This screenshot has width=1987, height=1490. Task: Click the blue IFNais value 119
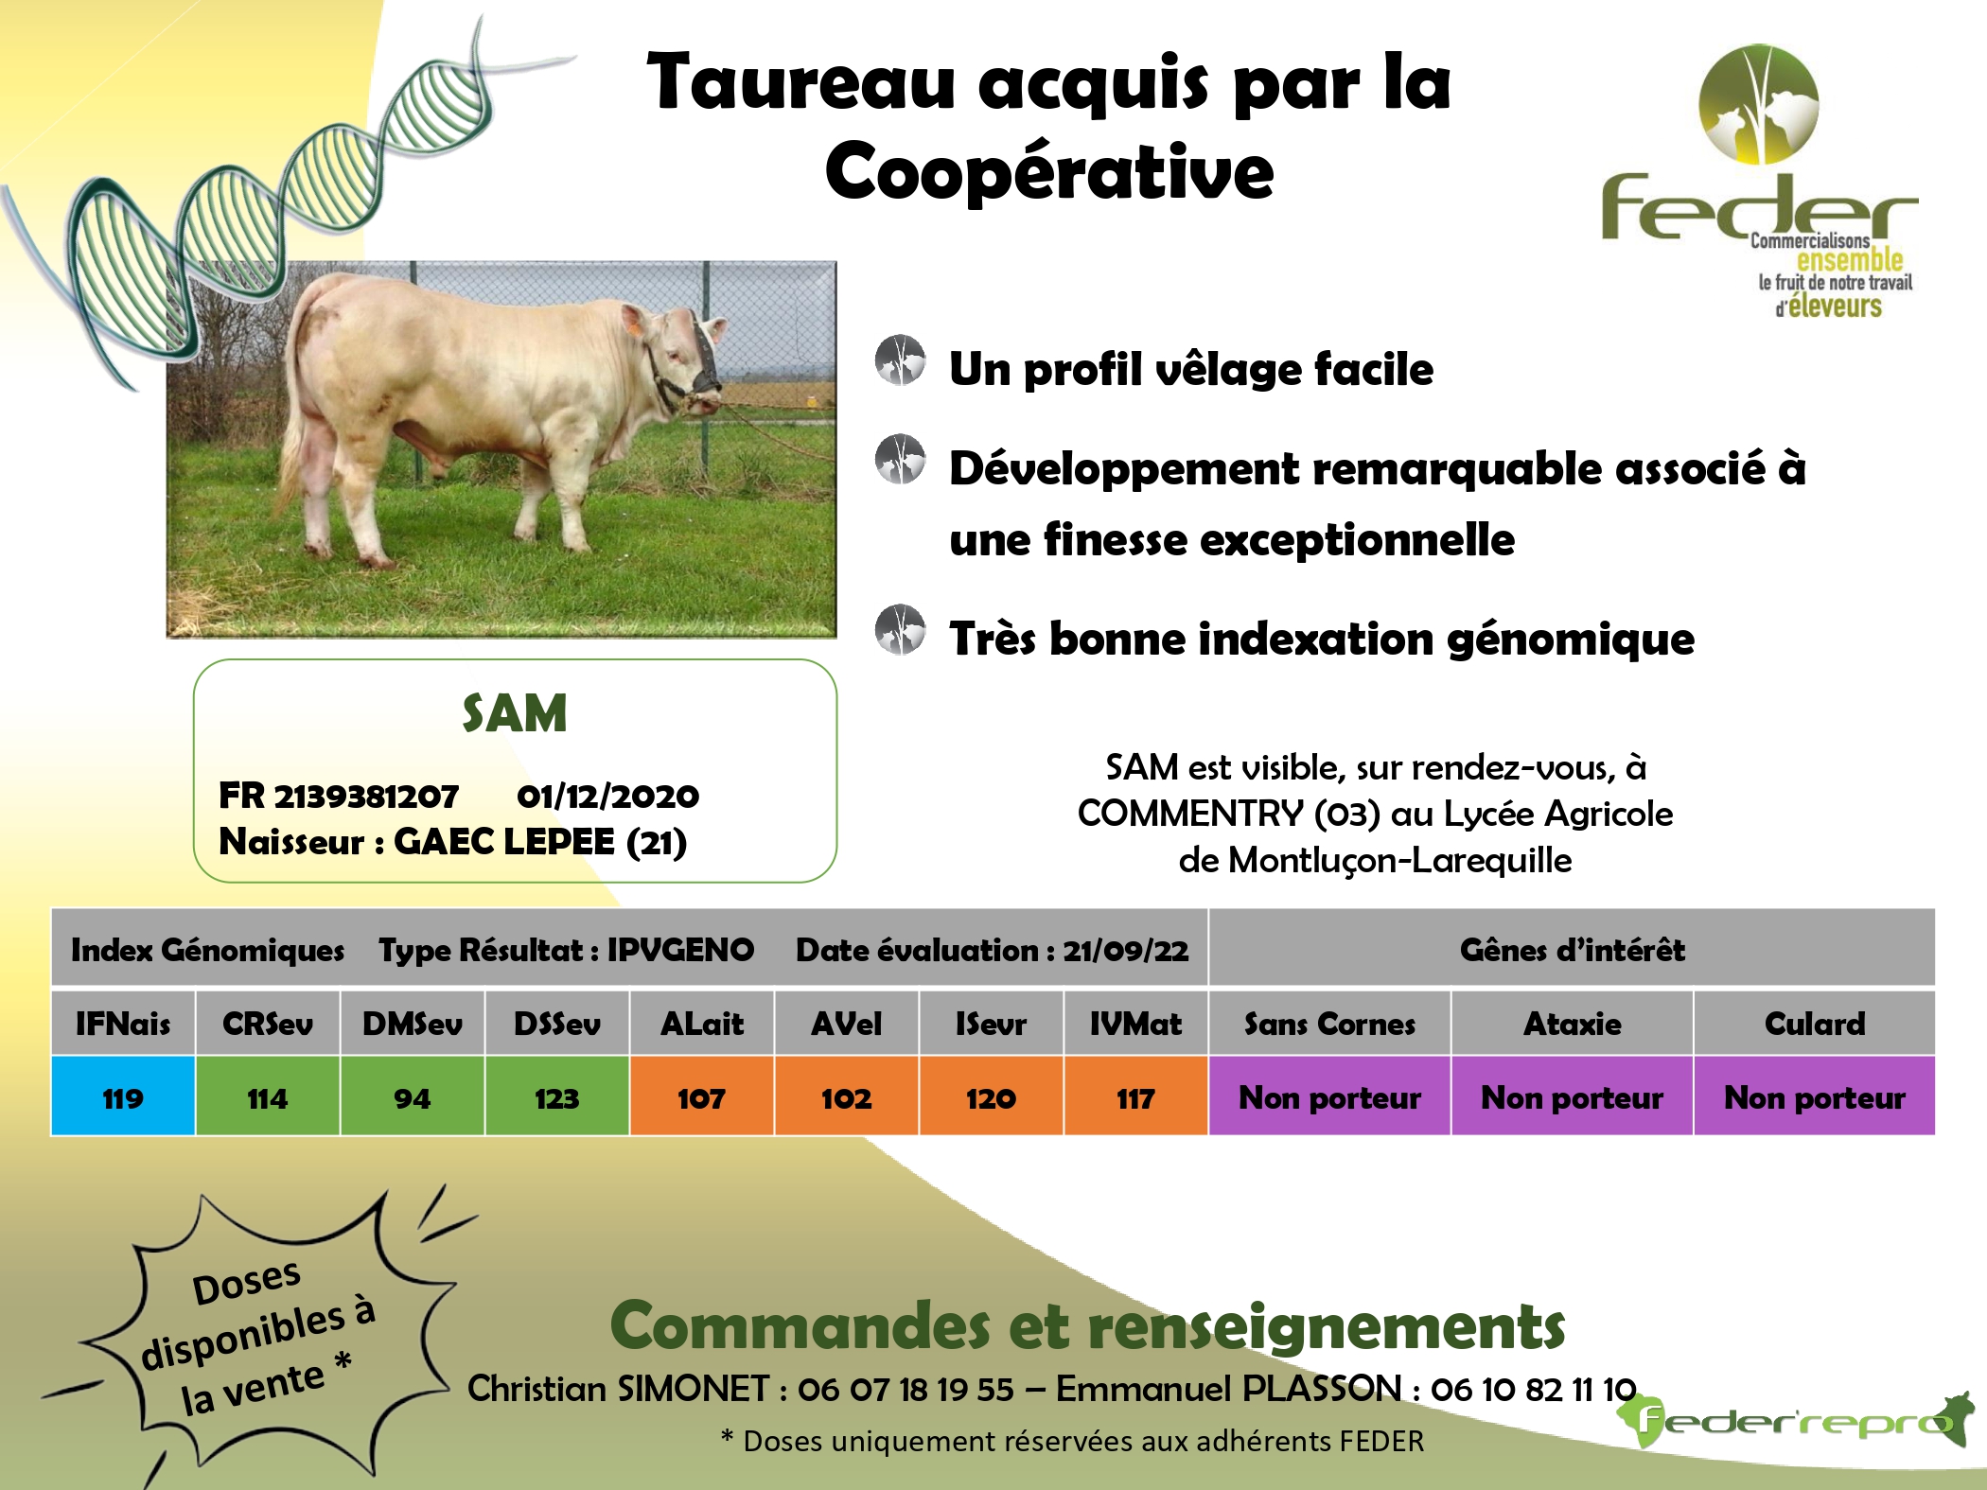point(123,1097)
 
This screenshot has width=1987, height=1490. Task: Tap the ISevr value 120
point(991,1097)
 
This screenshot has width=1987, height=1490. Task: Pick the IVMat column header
point(1135,1023)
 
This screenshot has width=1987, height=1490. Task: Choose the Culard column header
point(1815,1023)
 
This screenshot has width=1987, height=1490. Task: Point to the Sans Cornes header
point(1329,1023)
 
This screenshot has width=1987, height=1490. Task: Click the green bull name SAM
point(515,713)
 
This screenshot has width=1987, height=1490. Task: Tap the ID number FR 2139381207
point(339,796)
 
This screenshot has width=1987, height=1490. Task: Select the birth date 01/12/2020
point(607,796)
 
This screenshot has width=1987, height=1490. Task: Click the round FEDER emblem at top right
point(1758,104)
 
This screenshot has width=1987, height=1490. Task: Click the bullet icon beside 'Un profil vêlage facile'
point(900,360)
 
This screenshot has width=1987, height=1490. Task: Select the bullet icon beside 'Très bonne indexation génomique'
point(900,630)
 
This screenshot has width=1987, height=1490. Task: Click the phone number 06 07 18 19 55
point(906,1389)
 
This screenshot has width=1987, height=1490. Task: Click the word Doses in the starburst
point(246,1283)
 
